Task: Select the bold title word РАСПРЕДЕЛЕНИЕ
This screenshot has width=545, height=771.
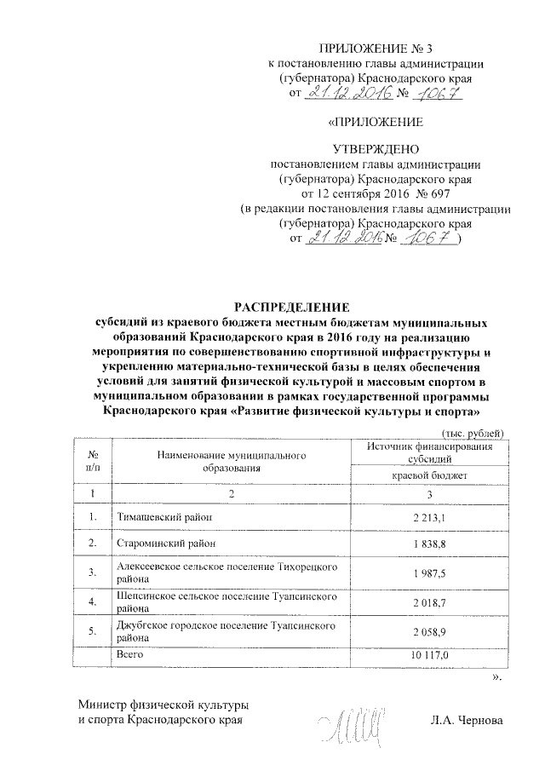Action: pos(288,307)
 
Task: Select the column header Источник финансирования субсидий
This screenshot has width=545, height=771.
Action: pos(429,453)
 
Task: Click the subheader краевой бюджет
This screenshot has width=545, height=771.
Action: pos(429,475)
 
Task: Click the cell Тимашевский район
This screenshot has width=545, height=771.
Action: pos(162,516)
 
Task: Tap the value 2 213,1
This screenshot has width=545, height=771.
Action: pos(429,517)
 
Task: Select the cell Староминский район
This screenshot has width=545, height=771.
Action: pos(165,542)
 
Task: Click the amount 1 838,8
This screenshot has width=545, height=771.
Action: pos(429,543)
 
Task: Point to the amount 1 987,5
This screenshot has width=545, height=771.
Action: pos(429,572)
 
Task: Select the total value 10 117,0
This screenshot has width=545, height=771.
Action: pos(429,654)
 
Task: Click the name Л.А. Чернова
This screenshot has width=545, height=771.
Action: pos(468,722)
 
